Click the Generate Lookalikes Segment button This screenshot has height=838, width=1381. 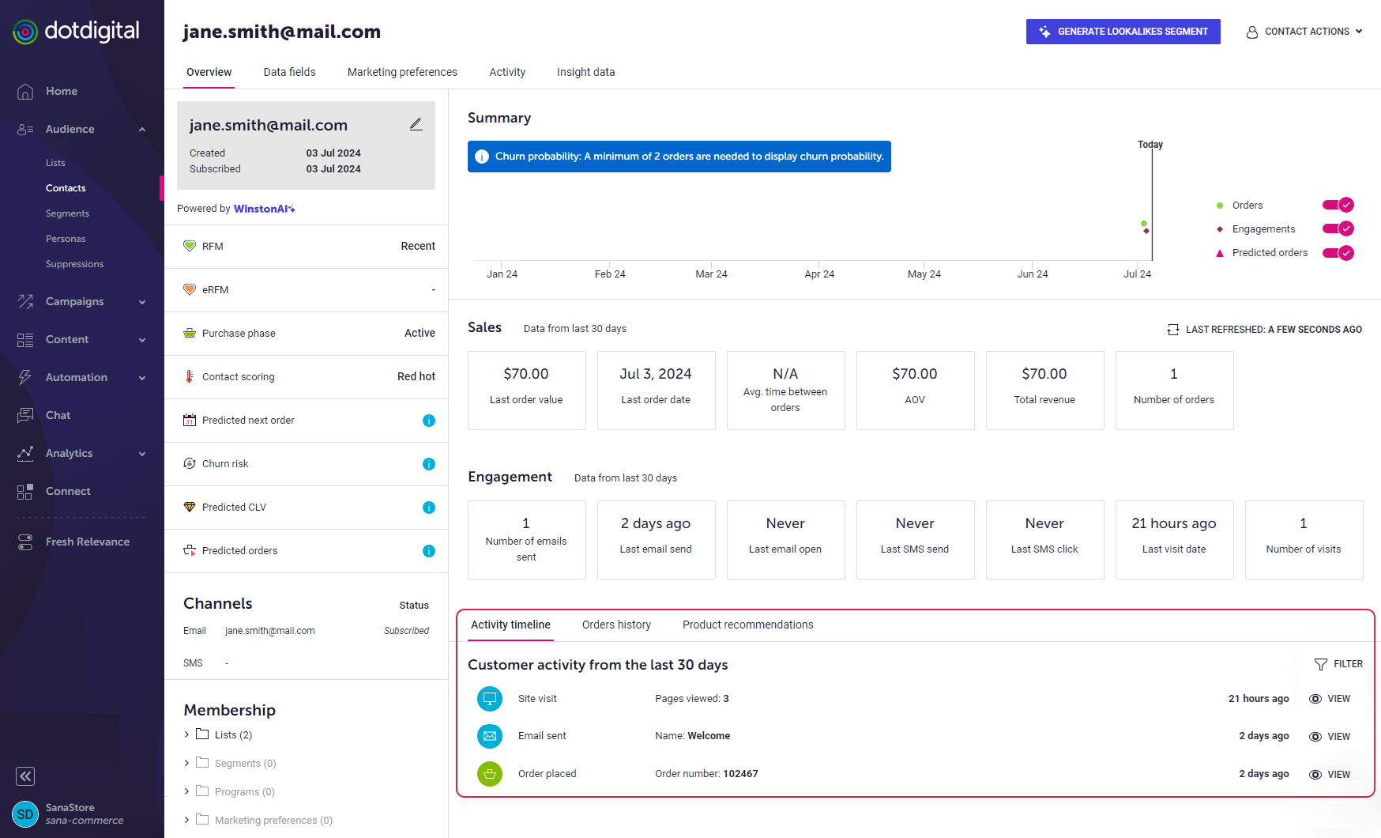click(1123, 32)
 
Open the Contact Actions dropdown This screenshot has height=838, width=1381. click(1304, 32)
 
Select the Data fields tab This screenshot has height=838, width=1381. click(289, 72)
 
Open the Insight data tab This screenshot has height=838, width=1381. click(585, 72)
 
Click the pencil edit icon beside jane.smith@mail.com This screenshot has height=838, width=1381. click(416, 124)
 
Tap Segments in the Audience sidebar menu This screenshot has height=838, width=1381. click(67, 213)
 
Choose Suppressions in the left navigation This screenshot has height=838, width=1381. click(74, 264)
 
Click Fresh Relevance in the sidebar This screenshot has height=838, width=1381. click(88, 542)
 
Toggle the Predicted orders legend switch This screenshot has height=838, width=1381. click(1338, 253)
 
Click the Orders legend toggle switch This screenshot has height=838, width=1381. click(1338, 205)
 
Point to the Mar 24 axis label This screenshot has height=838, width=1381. click(711, 274)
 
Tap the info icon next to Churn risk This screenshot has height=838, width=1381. click(429, 464)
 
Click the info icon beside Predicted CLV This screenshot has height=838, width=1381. click(429, 508)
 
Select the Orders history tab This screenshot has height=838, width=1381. click(616, 625)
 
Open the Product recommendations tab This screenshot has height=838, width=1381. click(747, 625)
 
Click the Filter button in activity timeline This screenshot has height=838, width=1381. click(1338, 664)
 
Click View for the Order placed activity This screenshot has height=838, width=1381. click(1330, 775)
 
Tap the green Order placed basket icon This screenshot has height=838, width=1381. click(490, 774)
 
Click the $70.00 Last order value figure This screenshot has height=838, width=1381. click(526, 374)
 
